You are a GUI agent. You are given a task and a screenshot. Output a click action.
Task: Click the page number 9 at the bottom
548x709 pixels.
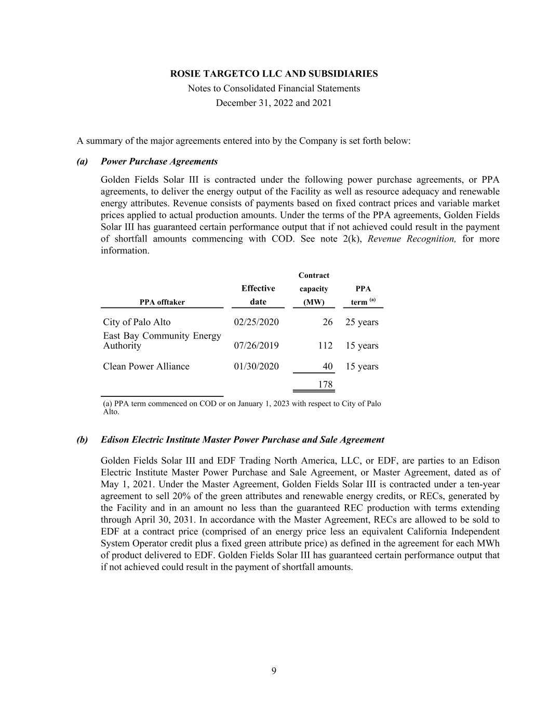274,671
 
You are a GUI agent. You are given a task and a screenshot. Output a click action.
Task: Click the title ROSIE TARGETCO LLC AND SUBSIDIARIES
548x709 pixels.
274,74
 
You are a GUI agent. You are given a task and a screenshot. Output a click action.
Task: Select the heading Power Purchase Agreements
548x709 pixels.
159,162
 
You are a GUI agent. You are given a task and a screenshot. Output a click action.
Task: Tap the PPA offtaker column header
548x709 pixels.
162,302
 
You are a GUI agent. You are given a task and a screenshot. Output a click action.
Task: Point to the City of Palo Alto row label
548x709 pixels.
137,322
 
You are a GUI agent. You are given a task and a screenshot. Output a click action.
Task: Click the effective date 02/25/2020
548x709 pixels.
256,322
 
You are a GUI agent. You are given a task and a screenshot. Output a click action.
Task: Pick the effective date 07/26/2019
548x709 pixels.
256,345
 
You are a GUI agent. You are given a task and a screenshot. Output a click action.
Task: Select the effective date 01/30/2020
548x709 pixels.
256,366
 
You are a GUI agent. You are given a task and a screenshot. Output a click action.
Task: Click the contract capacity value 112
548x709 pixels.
325,345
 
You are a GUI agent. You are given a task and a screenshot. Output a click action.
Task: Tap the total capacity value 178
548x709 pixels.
325,384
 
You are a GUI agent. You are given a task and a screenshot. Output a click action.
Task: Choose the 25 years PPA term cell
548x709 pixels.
362,322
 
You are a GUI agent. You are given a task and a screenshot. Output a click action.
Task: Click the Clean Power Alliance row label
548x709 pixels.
146,366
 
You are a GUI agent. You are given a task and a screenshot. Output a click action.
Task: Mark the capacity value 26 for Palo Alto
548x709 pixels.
327,322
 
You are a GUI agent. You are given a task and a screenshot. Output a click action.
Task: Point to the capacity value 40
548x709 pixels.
327,366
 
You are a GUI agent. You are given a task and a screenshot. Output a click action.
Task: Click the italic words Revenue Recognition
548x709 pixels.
411,239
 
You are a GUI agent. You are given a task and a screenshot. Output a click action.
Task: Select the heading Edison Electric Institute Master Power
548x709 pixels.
242,440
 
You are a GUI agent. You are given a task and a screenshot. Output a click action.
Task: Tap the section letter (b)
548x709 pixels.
82,440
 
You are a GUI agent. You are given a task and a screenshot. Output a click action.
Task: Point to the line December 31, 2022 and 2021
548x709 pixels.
274,103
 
